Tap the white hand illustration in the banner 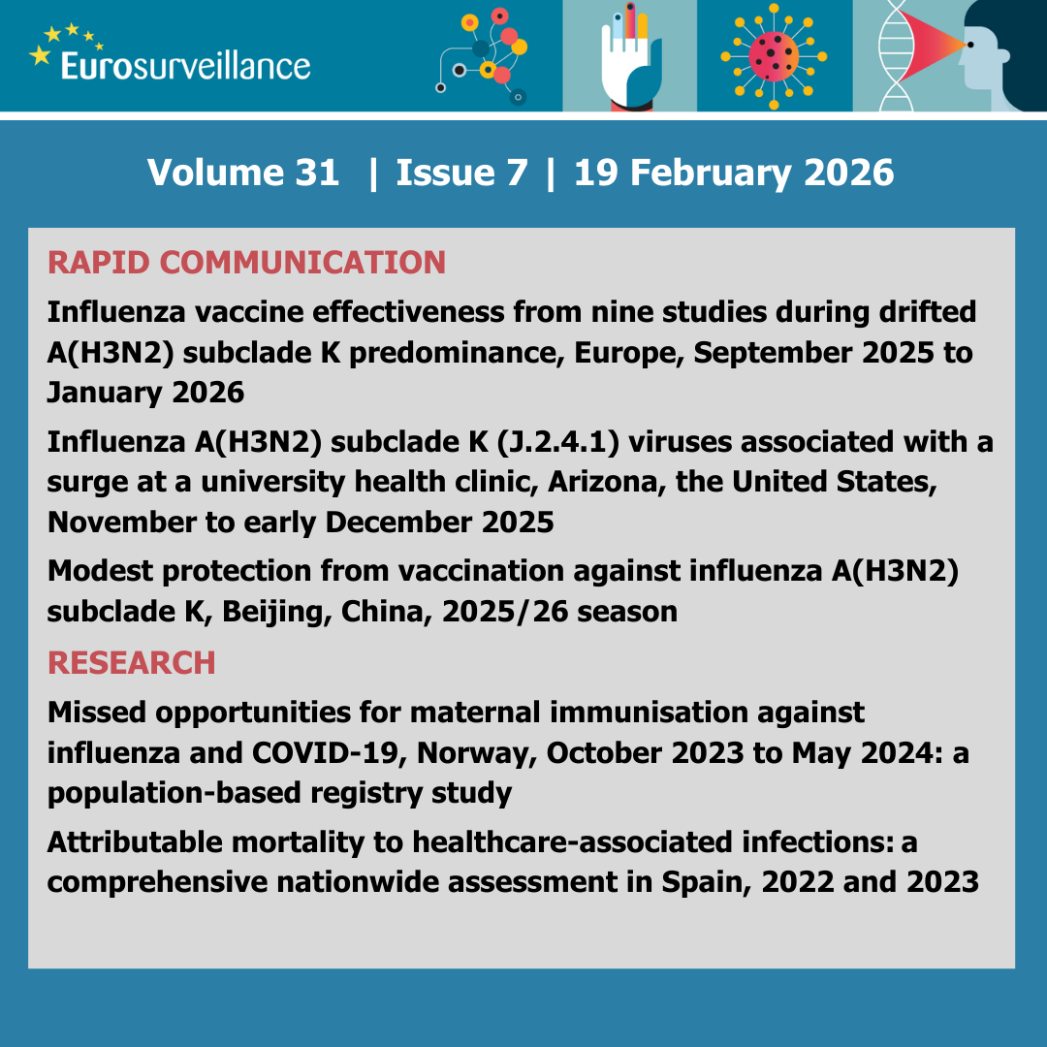(x=629, y=64)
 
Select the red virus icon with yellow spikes (x=773, y=56)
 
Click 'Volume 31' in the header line (x=243, y=173)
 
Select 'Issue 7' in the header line (x=462, y=173)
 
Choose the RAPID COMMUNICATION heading (x=246, y=262)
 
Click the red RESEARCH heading (x=131, y=663)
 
